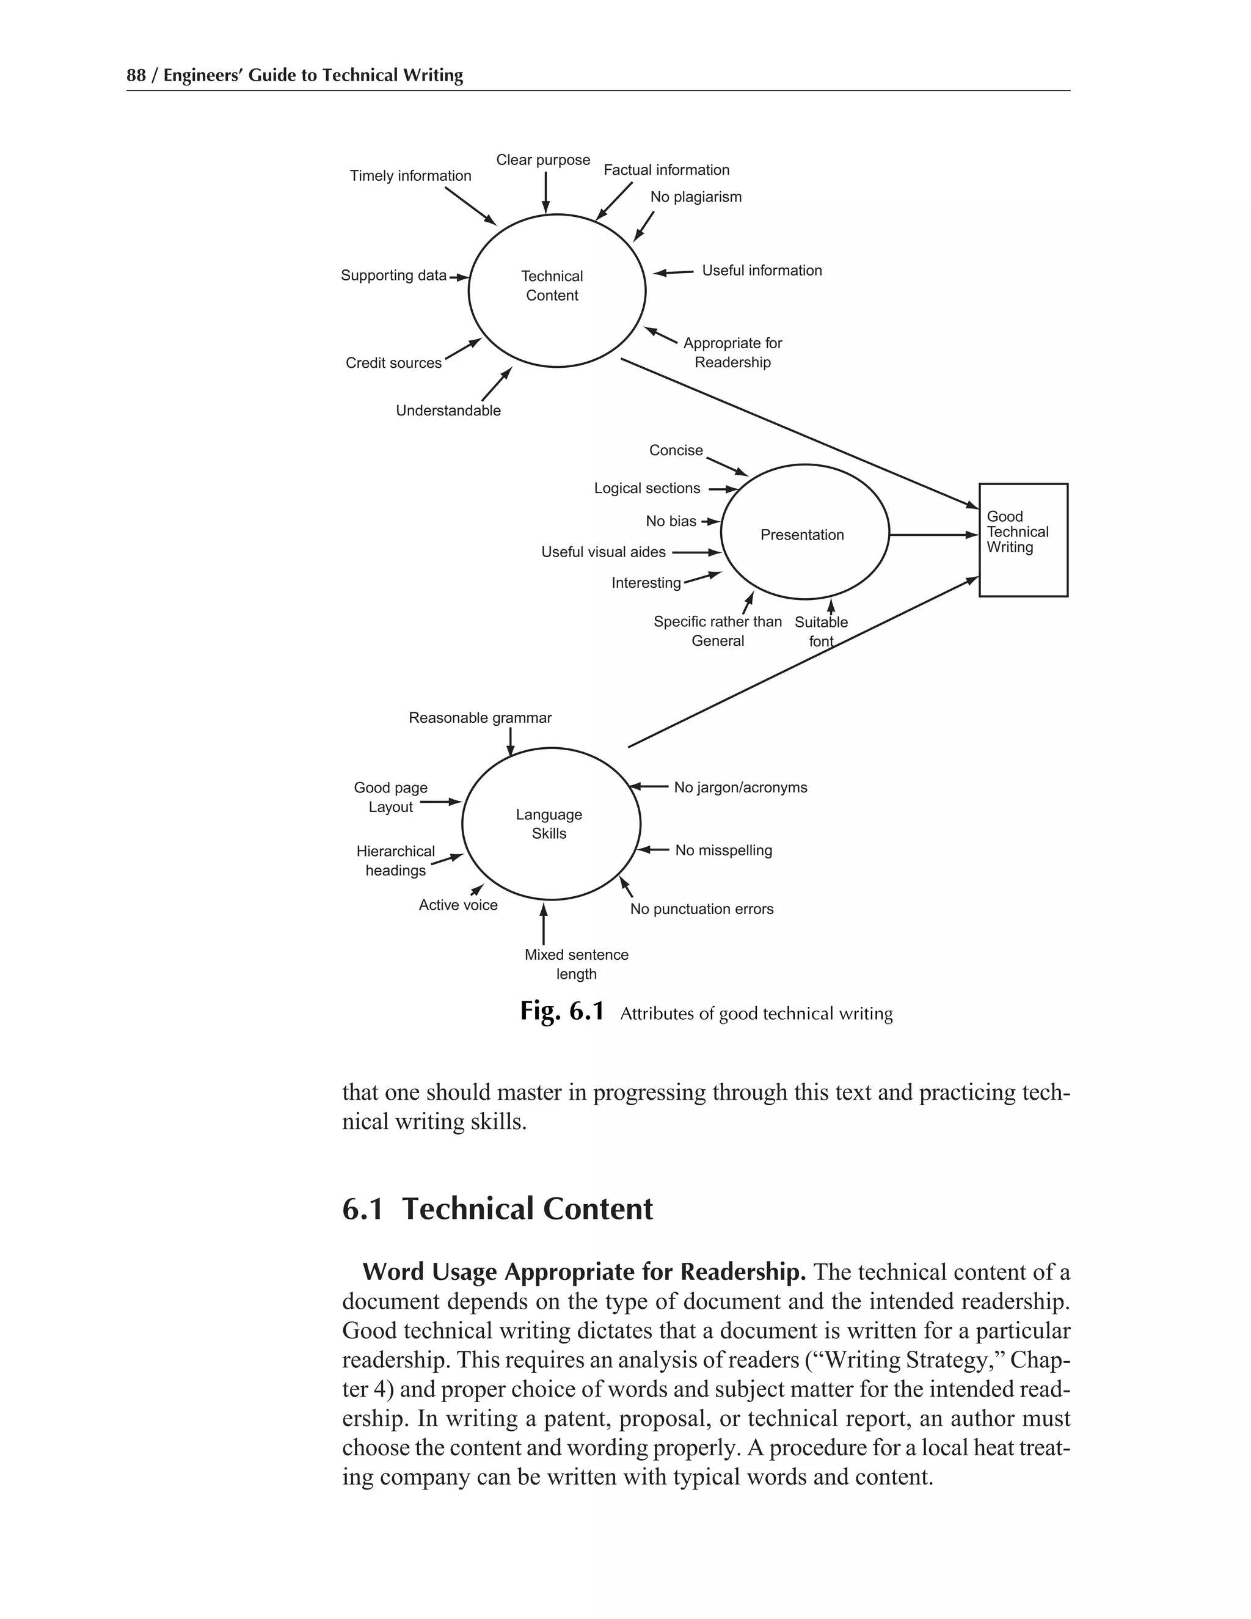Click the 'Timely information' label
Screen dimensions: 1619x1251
click(x=410, y=176)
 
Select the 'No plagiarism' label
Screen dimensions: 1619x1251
click(x=695, y=197)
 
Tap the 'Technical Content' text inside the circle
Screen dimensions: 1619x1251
click(x=552, y=286)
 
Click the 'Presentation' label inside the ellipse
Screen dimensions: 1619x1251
click(x=802, y=535)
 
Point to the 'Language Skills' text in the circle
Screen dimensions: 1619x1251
click(x=549, y=824)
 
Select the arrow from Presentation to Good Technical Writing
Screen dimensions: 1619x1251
click(x=934, y=535)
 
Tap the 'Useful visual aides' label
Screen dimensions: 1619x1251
click(x=604, y=552)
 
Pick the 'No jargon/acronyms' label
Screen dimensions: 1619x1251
click(x=740, y=788)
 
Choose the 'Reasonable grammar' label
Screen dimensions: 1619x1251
click(x=480, y=718)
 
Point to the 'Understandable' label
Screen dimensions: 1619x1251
click(x=448, y=411)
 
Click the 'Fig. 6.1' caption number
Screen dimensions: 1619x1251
click(x=562, y=1011)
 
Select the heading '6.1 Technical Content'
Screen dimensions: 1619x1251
click(x=497, y=1209)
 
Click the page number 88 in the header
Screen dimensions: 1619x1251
click(x=136, y=76)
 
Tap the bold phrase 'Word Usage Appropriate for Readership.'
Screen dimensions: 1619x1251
click(x=584, y=1272)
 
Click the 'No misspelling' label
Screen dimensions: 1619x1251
click(x=723, y=850)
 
